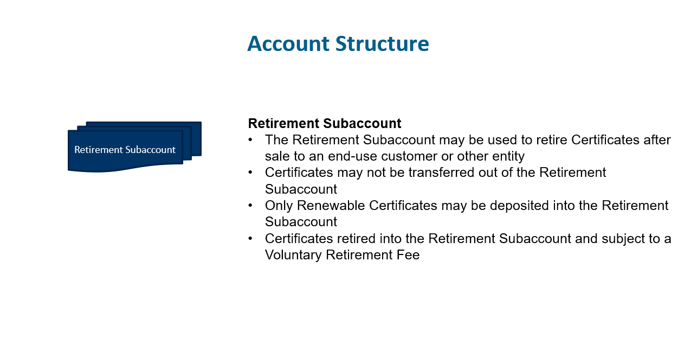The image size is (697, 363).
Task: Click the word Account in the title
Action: [288, 43]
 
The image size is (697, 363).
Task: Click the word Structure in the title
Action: [382, 43]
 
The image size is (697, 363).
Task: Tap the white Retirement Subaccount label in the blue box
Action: [125, 150]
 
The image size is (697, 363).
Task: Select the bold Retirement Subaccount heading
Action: [325, 123]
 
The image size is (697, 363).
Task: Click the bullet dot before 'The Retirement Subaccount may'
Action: [250, 139]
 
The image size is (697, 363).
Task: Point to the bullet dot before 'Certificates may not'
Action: [250, 172]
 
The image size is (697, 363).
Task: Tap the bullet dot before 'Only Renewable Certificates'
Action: [250, 205]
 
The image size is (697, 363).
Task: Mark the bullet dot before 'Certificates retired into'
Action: [250, 238]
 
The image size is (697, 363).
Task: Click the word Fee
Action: [408, 255]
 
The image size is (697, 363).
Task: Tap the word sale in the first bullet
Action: [277, 157]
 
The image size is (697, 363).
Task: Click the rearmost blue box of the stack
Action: [197, 139]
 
